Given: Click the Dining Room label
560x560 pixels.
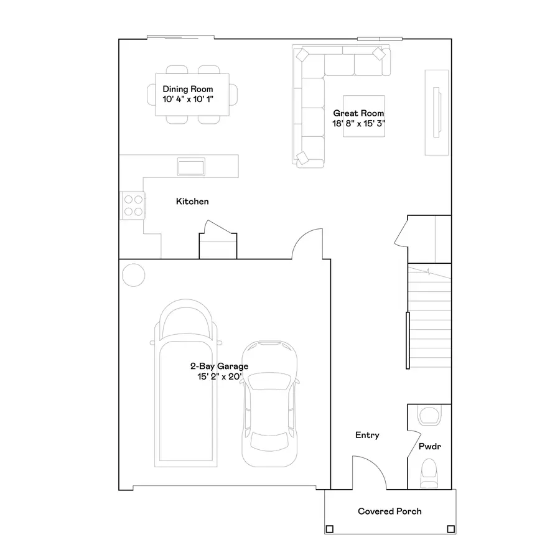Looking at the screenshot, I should pyautogui.click(x=187, y=89).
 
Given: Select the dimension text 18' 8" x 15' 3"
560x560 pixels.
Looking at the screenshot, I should pyautogui.click(x=359, y=123).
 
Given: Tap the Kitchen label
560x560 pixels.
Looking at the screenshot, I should pyautogui.click(x=192, y=202).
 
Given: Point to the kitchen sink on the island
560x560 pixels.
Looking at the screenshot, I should pyautogui.click(x=192, y=166).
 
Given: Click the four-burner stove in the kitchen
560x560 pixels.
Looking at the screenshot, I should pyautogui.click(x=133, y=205).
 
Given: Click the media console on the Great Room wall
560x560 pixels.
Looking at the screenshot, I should pyautogui.click(x=436, y=113).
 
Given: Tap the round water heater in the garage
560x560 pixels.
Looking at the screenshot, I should pyautogui.click(x=133, y=275).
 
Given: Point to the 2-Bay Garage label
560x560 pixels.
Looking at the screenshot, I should pyautogui.click(x=219, y=366).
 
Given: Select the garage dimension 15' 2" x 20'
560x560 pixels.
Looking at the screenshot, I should pyautogui.click(x=219, y=376).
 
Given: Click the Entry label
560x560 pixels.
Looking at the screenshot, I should pyautogui.click(x=367, y=436).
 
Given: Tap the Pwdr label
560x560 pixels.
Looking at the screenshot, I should pyautogui.click(x=429, y=447).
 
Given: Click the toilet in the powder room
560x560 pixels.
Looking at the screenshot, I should pyautogui.click(x=429, y=474).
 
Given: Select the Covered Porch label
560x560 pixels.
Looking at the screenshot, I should pyautogui.click(x=390, y=511).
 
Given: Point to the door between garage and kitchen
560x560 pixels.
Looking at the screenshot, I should pyautogui.click(x=308, y=244).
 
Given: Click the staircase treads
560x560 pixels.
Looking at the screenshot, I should pyautogui.click(x=429, y=324).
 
